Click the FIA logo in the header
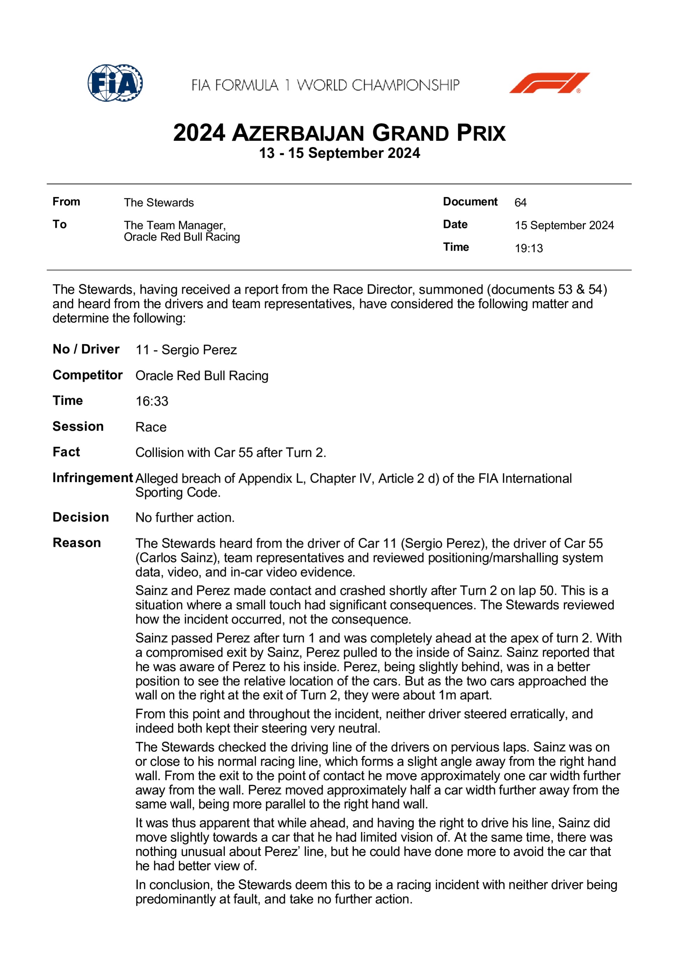115,83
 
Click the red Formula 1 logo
549,83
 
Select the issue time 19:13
529,248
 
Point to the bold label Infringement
93,477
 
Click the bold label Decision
81,517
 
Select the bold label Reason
77,543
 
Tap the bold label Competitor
87,375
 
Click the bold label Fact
66,452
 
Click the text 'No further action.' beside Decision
185,518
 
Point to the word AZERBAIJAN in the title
298,133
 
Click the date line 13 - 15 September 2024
339,153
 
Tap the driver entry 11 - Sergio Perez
186,350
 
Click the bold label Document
470,201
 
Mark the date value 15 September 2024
564,225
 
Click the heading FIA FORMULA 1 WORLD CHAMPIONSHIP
325,85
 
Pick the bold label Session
78,426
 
